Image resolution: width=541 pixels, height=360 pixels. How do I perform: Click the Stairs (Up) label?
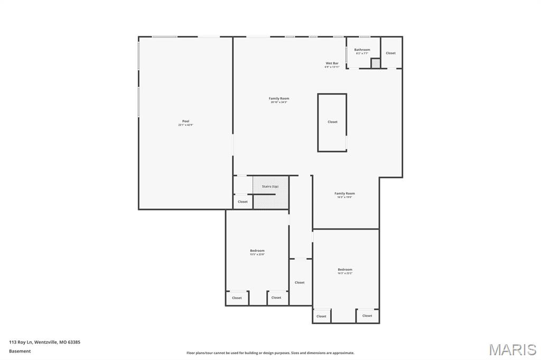point(270,186)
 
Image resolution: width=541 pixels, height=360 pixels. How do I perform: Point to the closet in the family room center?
point(332,122)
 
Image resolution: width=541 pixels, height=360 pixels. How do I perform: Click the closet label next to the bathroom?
point(390,53)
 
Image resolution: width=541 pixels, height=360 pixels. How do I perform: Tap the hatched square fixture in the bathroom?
point(375,63)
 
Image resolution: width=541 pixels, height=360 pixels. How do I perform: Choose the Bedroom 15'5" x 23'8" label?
point(257,252)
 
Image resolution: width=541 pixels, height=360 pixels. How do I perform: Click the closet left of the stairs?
point(242,202)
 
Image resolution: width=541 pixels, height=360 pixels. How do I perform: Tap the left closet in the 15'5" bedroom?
point(237,298)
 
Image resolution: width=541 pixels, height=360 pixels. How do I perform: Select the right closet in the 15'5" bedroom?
point(276,298)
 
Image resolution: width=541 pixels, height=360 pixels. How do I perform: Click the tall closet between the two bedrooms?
point(300,282)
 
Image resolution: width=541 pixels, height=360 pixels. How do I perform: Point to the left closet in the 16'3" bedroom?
point(321,316)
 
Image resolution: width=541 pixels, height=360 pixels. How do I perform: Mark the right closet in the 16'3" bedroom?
point(367,316)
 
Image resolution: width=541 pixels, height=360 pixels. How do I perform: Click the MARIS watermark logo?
point(512,349)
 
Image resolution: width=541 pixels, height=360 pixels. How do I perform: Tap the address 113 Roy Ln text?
point(44,342)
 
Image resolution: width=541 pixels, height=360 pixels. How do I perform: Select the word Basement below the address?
point(20,351)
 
